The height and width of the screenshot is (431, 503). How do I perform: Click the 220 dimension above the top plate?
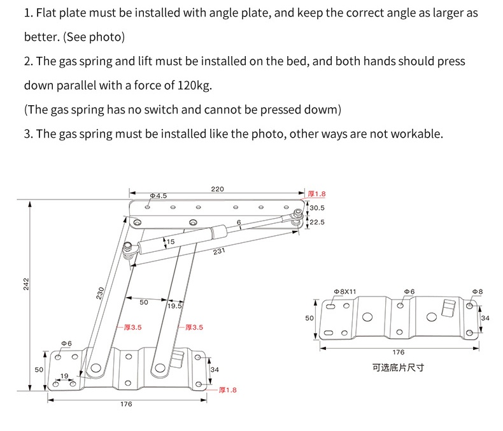(x=218, y=189)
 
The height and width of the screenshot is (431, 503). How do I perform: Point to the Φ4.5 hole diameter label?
(x=159, y=196)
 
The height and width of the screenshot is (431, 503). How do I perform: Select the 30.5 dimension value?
(x=317, y=208)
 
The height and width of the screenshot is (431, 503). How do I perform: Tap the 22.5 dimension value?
(x=317, y=222)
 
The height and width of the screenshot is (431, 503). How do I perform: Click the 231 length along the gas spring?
(x=219, y=251)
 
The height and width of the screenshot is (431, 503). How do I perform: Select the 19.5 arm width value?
(x=174, y=306)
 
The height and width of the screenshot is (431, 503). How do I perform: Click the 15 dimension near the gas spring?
(x=171, y=242)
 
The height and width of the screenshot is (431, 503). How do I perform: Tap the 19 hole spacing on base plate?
(x=64, y=376)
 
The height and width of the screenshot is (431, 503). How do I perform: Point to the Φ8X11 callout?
(x=345, y=291)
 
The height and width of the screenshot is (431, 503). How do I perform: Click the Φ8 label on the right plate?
(x=477, y=291)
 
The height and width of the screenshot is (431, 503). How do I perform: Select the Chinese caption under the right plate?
(x=398, y=368)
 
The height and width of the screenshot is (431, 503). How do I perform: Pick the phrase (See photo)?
(x=94, y=37)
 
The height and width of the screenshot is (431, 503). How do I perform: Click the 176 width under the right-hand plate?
(x=398, y=352)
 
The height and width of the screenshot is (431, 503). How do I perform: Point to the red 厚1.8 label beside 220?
(x=316, y=194)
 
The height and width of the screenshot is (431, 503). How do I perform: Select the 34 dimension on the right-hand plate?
(x=485, y=318)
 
